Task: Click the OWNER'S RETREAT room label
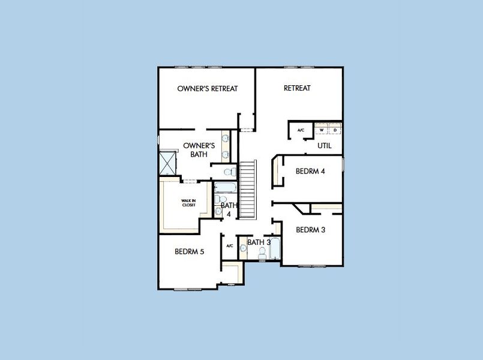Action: [x=208, y=89]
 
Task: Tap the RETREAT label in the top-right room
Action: [x=297, y=88]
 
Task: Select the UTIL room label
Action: [x=325, y=146]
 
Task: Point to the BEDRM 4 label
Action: [x=310, y=171]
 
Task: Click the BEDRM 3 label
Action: [x=310, y=230]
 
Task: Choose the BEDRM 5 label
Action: [x=189, y=251]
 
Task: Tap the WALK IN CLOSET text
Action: [x=188, y=203]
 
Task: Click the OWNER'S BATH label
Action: [x=199, y=150]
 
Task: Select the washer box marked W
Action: [x=321, y=130]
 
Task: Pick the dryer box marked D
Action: [x=335, y=130]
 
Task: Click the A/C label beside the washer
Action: [x=301, y=130]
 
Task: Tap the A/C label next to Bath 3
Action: [x=229, y=246]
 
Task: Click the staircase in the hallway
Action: [x=248, y=190]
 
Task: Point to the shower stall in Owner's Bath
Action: [x=167, y=163]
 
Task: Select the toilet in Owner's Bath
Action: [x=230, y=172]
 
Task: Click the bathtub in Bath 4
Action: [x=225, y=188]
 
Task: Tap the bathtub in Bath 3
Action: [x=275, y=248]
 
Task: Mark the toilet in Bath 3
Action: [x=262, y=254]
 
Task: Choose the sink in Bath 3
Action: [x=244, y=248]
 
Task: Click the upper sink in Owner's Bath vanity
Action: [x=226, y=138]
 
